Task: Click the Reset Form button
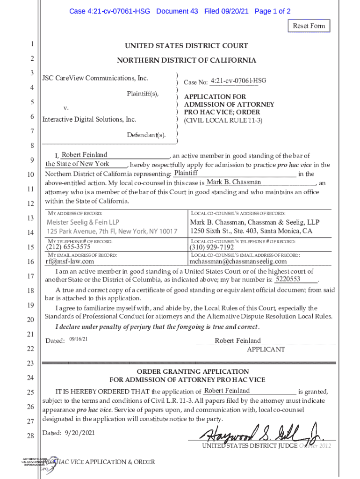tap(309, 26)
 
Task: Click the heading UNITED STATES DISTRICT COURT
tap(186, 46)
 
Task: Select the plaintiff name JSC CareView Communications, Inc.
tap(95, 78)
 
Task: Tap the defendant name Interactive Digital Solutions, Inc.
tap(89, 120)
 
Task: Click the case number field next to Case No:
tap(238, 81)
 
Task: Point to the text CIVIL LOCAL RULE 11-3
tap(223, 120)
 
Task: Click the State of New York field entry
tap(78, 164)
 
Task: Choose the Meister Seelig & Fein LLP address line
tap(82, 222)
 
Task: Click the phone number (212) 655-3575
tap(68, 247)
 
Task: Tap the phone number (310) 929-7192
tap(212, 247)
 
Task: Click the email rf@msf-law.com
tap(69, 261)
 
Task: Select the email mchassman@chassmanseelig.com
tap(238, 261)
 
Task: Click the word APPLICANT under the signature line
tap(266, 349)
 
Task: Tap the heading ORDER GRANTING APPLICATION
tap(186, 371)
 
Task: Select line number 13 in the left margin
tap(31, 218)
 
